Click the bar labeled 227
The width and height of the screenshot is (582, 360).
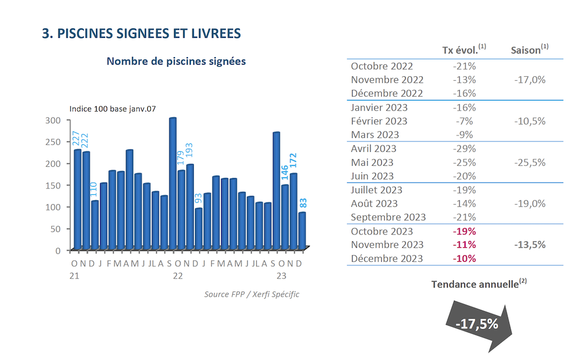point(77,199)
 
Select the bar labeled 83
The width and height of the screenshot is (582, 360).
point(301,231)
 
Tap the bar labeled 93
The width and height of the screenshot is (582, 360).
point(198,229)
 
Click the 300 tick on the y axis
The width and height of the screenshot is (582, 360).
point(53,120)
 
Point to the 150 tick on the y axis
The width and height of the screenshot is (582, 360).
point(53,186)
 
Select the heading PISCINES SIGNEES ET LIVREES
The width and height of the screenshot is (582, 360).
point(141,33)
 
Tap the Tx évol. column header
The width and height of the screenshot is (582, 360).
point(464,50)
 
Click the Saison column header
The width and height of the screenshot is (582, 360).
point(530,50)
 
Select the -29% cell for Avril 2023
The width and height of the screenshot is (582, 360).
point(464,149)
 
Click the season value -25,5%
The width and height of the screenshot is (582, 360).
point(530,162)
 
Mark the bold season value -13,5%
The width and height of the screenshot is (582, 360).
point(530,245)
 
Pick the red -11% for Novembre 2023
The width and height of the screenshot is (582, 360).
point(464,245)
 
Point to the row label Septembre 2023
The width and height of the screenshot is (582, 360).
point(388,218)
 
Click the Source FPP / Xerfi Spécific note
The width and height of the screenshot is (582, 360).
point(251,294)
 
